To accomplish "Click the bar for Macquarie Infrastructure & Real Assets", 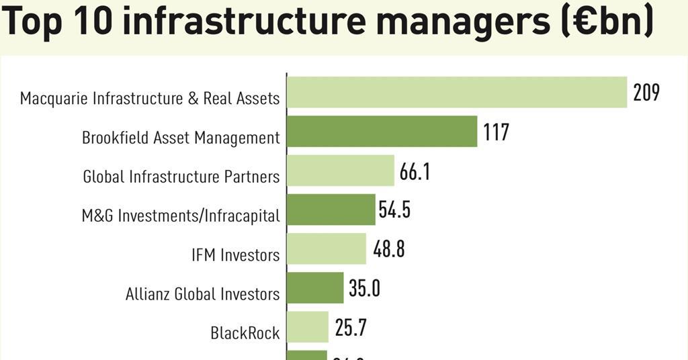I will (x=457, y=92).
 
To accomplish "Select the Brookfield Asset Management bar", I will (x=382, y=131).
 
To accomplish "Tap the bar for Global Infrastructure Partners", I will (x=340, y=171).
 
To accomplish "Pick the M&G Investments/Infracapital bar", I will (x=331, y=210).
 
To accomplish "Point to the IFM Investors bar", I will (x=326, y=249).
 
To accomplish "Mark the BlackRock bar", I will (x=307, y=326).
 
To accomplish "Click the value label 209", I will (x=646, y=92).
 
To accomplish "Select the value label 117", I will (x=496, y=132).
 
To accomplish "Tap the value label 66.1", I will (x=415, y=171).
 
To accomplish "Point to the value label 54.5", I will (x=394, y=210).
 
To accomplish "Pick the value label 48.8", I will (x=389, y=249).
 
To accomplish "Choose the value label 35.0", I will (x=364, y=288).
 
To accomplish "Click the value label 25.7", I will (x=351, y=328).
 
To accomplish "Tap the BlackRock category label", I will (x=245, y=332).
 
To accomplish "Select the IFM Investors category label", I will (x=235, y=255).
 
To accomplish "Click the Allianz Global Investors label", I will (x=202, y=294).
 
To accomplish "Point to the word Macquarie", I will (x=53, y=99).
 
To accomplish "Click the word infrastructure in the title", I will (x=245, y=21).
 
